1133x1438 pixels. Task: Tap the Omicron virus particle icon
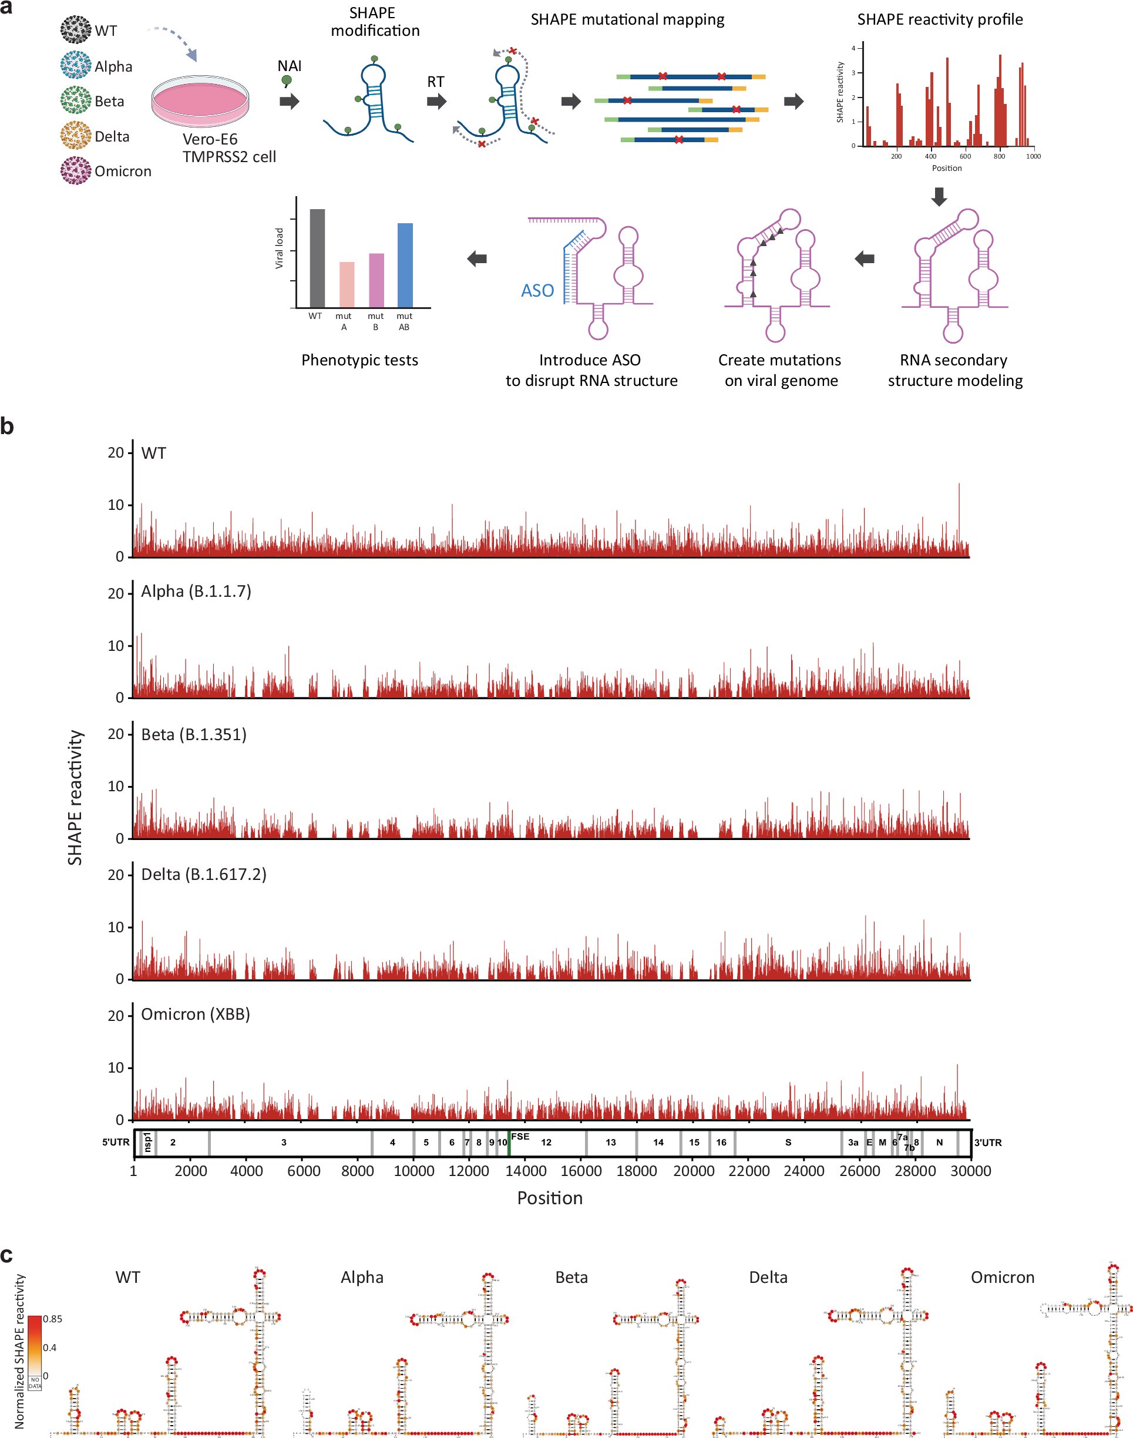tap(76, 171)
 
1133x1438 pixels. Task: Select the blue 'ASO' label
tap(537, 291)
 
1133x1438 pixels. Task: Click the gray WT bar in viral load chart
tap(317, 258)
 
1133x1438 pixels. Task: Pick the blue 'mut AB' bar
tap(405, 266)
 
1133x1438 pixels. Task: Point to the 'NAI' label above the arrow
tap(289, 66)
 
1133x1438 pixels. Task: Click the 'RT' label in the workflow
tap(435, 82)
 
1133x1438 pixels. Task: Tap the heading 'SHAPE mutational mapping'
tap(627, 19)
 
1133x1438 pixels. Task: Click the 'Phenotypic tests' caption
tap(359, 360)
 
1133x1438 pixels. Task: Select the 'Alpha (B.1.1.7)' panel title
tap(196, 591)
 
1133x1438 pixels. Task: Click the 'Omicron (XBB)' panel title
tap(195, 1014)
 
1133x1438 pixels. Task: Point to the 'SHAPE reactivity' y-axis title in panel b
tap(75, 797)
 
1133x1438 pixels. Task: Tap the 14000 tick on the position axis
tap(525, 1171)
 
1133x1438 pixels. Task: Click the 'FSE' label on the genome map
tap(520, 1136)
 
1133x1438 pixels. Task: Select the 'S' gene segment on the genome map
tap(788, 1142)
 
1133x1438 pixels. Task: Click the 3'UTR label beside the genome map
tap(987, 1142)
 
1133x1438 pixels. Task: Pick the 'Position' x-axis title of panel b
tap(549, 1198)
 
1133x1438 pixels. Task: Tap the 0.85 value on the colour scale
tap(52, 1319)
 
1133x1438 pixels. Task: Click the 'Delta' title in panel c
tap(768, 1278)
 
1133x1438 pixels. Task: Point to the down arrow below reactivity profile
tap(939, 196)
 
